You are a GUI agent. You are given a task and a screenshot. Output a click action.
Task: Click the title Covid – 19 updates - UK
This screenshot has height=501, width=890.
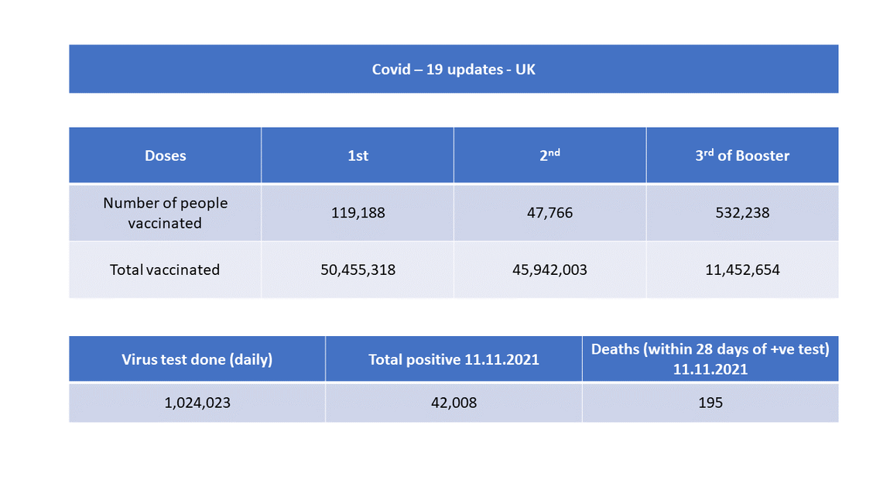pyautogui.click(x=454, y=70)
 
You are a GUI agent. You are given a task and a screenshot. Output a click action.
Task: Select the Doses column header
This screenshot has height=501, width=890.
pyautogui.click(x=165, y=156)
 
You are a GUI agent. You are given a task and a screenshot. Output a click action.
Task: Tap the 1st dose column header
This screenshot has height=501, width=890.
pyautogui.click(x=358, y=156)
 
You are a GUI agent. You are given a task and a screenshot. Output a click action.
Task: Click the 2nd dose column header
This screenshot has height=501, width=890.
pyautogui.click(x=549, y=155)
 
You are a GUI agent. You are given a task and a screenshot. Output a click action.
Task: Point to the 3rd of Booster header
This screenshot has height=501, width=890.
pyautogui.click(x=741, y=156)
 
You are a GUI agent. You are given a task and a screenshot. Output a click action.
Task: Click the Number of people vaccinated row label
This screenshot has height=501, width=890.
pyautogui.click(x=165, y=213)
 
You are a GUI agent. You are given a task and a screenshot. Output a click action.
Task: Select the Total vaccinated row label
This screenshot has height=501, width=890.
pyautogui.click(x=165, y=270)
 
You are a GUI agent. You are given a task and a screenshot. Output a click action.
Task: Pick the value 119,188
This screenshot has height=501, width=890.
pyautogui.click(x=358, y=212)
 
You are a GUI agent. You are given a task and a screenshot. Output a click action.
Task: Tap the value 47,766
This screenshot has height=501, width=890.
pyautogui.click(x=549, y=212)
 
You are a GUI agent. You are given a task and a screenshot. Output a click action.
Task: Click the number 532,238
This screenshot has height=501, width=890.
pyautogui.click(x=742, y=212)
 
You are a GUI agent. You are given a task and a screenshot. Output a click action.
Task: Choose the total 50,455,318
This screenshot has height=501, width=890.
pyautogui.click(x=358, y=270)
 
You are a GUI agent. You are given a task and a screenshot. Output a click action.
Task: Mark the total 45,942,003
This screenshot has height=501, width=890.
pyautogui.click(x=549, y=270)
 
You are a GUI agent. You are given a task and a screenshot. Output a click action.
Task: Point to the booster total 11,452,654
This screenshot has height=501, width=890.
pyautogui.click(x=742, y=270)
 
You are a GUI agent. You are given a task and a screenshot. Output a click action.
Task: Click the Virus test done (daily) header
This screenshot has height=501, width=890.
pyautogui.click(x=197, y=359)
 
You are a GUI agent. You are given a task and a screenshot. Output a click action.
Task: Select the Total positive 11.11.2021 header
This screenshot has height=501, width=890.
pyautogui.click(x=454, y=359)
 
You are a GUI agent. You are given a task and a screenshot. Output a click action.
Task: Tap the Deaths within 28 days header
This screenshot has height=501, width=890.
pyautogui.click(x=710, y=359)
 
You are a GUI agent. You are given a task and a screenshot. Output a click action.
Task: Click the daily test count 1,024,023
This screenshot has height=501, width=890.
pyautogui.click(x=197, y=403)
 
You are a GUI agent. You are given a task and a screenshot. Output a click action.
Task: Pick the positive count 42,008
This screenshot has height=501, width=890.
pyautogui.click(x=454, y=403)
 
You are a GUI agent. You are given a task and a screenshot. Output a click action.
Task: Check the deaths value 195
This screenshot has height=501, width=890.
pyautogui.click(x=710, y=403)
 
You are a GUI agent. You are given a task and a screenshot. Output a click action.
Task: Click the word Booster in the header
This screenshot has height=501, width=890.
pyautogui.click(x=762, y=156)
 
